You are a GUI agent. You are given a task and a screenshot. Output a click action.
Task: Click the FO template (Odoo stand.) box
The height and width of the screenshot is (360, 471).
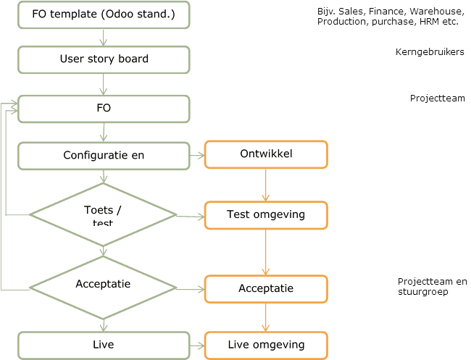(x=104, y=15)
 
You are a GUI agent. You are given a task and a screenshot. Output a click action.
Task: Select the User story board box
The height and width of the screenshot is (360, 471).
(x=104, y=59)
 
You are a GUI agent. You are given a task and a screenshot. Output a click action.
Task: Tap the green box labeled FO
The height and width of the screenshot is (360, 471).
(x=104, y=109)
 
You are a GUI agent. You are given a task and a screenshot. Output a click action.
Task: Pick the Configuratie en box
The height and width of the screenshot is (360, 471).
(x=104, y=155)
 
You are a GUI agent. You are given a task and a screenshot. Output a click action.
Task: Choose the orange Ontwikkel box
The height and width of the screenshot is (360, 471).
(x=266, y=155)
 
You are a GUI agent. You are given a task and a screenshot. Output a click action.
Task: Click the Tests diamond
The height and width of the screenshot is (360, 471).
(x=104, y=214)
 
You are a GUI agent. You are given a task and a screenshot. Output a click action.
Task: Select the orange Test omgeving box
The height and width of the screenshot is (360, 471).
(x=266, y=214)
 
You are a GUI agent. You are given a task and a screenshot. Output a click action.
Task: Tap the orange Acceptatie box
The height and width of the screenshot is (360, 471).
(x=266, y=288)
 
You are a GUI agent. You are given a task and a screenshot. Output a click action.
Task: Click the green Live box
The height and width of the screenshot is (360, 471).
(x=104, y=344)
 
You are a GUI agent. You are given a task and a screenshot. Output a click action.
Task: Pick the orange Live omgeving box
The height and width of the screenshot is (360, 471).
(x=266, y=345)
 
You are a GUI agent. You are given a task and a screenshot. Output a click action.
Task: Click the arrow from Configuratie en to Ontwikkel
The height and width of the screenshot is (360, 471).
(x=197, y=155)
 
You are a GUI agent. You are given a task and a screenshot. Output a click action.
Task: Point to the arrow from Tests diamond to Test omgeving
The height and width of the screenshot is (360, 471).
(x=191, y=215)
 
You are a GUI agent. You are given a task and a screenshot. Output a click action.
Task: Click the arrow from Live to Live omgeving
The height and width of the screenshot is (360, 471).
(x=197, y=345)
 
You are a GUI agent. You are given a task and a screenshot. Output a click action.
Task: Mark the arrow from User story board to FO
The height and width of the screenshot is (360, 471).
(x=104, y=84)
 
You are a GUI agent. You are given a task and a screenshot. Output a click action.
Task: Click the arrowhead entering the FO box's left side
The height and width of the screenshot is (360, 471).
(x=13, y=106)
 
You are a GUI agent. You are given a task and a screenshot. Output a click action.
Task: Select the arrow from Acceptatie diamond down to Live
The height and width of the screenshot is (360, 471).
(x=104, y=323)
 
